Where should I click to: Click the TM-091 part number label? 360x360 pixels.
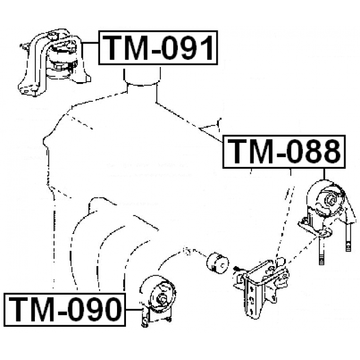(157, 48)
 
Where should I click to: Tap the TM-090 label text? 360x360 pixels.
(65, 308)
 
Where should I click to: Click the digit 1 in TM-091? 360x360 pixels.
(205, 48)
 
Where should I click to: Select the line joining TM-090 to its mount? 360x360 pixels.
(133, 309)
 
